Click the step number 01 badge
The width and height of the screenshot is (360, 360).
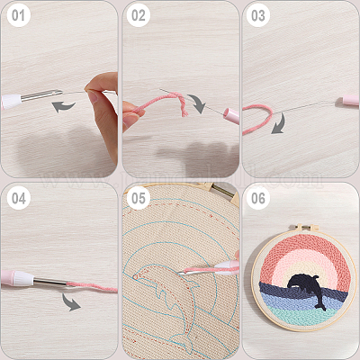(x=18, y=15)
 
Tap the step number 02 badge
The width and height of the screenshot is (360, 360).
(x=139, y=15)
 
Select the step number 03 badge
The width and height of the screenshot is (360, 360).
(x=258, y=15)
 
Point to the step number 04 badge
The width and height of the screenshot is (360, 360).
(x=19, y=198)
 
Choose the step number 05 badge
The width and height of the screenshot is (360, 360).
(x=139, y=198)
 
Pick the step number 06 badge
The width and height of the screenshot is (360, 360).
(x=258, y=198)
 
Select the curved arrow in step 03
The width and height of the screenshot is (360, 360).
(x=280, y=123)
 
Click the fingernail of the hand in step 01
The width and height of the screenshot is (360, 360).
(x=93, y=96)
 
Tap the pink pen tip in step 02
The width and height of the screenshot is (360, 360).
(x=231, y=115)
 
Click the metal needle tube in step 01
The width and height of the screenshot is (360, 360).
(x=41, y=95)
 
